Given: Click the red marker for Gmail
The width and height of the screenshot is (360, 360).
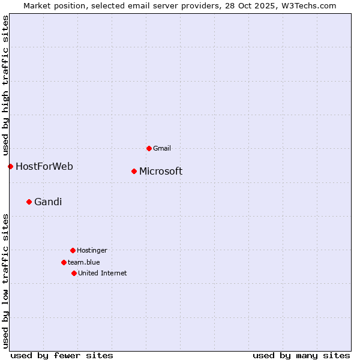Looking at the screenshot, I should point(149,148).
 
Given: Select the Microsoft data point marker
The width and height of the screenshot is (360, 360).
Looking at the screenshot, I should point(134,172).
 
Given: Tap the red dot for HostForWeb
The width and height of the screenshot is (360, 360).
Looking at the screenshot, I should point(10,166).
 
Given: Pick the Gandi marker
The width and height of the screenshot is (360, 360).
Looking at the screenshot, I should point(29,202).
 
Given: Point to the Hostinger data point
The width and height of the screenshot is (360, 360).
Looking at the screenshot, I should point(73,250).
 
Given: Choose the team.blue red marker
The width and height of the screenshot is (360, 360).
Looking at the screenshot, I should point(64,262).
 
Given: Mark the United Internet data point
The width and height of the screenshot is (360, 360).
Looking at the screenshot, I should point(74,273).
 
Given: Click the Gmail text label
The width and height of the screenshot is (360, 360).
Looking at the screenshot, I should point(162,148).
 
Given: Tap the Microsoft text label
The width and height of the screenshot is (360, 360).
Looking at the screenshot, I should point(161,172).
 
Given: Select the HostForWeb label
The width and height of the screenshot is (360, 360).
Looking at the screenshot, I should point(44,166).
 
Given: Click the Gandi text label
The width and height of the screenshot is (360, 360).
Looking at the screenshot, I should point(48,202).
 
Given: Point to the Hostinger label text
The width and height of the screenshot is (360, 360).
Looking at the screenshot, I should point(92,250).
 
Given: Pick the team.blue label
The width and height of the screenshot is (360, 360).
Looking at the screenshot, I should point(84,262).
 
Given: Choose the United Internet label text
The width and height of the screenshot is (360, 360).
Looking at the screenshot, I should point(103,273).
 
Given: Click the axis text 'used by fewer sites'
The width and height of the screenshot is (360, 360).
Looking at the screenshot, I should point(62,355).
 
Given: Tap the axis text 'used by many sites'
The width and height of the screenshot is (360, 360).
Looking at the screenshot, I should point(301,355).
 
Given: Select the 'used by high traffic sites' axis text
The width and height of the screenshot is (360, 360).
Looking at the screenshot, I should point(5,86).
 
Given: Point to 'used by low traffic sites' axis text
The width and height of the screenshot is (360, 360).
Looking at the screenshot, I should point(5,281).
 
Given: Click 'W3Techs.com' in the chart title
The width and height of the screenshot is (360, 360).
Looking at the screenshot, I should point(310,5).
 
